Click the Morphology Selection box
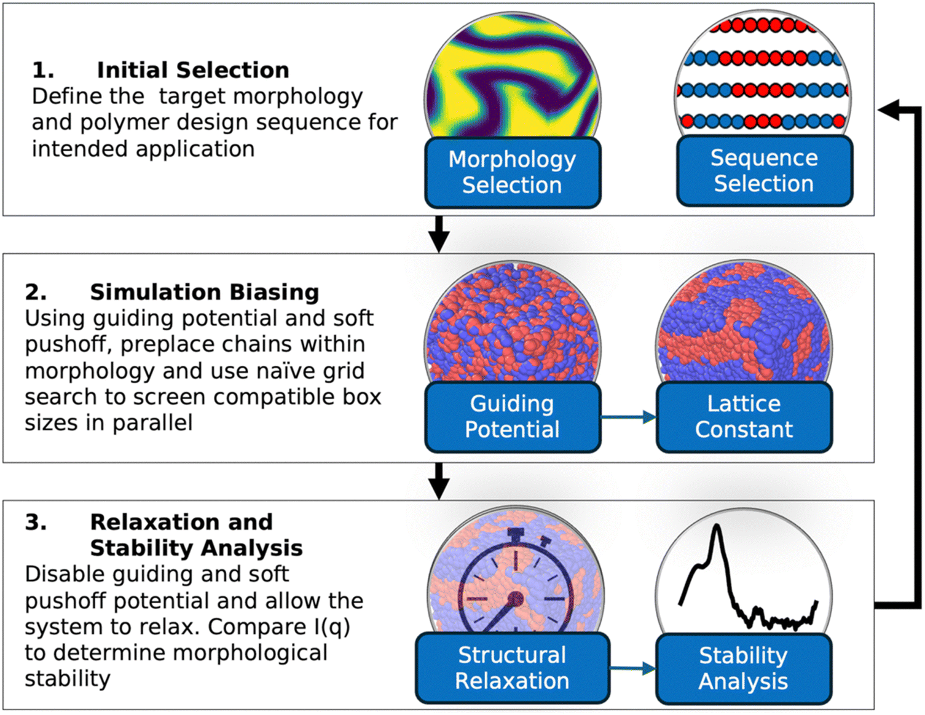coord(513,172)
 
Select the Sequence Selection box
coord(765,171)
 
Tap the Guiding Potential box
coord(513,417)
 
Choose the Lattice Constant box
coord(744,417)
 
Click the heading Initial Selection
coord(193,70)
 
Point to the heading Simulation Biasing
coord(204,293)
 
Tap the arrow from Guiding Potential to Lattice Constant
coord(629,417)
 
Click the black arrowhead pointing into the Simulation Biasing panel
coord(439,242)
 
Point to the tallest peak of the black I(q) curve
coord(717,527)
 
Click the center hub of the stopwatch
coord(516,599)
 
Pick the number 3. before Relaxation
coord(36,522)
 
